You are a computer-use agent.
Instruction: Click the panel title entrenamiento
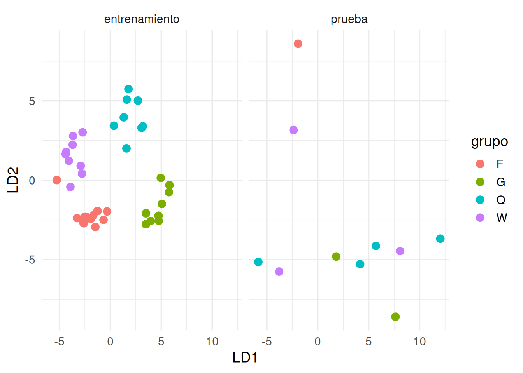pyautogui.click(x=142, y=19)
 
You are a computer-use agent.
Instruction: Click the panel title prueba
pyautogui.click(x=349, y=19)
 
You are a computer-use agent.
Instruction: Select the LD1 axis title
pyautogui.click(x=245, y=357)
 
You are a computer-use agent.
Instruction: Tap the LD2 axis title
pyautogui.click(x=13, y=180)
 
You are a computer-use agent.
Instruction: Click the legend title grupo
pyautogui.click(x=490, y=141)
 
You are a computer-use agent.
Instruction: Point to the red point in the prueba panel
pyautogui.click(x=298, y=44)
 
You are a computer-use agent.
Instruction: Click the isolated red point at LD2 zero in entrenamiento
pyautogui.click(x=57, y=180)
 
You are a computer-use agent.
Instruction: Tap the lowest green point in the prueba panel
pyautogui.click(x=395, y=317)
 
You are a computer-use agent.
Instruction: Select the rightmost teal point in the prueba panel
pyautogui.click(x=440, y=239)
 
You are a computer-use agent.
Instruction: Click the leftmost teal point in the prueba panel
pyautogui.click(x=258, y=262)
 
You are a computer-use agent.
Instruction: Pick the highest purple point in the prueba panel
pyautogui.click(x=294, y=130)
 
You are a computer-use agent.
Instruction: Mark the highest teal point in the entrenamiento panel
pyautogui.click(x=128, y=89)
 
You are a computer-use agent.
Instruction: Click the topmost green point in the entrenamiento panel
pyautogui.click(x=161, y=178)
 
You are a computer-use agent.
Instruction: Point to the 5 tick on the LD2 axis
pyautogui.click(x=32, y=101)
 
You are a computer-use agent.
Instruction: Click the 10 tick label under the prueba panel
pyautogui.click(x=419, y=342)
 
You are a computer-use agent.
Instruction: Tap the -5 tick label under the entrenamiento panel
pyautogui.click(x=59, y=342)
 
